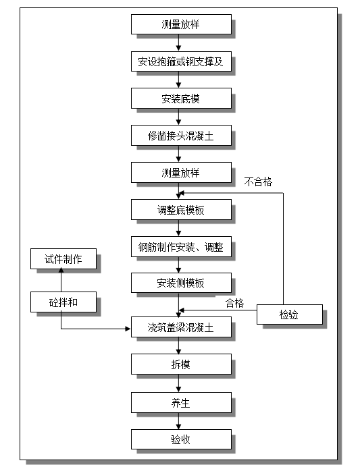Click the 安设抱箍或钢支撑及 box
[x=180, y=62]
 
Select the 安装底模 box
[x=180, y=99]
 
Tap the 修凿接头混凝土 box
[x=180, y=136]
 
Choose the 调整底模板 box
[x=180, y=210]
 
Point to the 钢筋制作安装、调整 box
[x=180, y=247]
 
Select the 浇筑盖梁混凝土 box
[x=180, y=328]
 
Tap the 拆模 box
[x=180, y=365]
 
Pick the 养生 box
[x=180, y=403]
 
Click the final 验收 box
[x=180, y=440]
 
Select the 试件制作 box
[x=63, y=259]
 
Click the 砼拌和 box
[x=63, y=302]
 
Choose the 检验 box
[x=290, y=314]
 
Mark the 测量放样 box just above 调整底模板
[x=180, y=173]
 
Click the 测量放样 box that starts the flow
[x=180, y=25]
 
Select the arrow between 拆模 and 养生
[x=179, y=384]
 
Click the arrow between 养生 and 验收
[x=179, y=422]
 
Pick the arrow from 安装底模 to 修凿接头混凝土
[x=179, y=117]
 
